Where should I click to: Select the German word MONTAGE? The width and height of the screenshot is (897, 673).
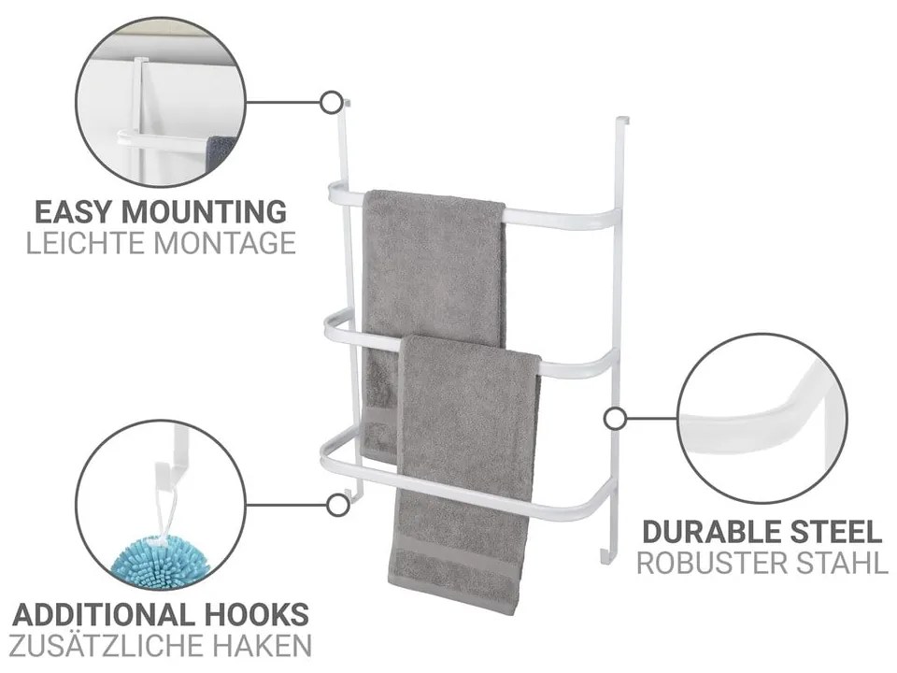tap(225, 243)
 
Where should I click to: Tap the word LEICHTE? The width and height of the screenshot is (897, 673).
tap(86, 243)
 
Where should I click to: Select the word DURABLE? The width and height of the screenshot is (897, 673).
tap(712, 532)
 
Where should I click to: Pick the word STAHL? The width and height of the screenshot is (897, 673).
tap(843, 564)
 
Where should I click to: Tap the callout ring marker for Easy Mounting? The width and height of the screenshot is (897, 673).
tap(331, 103)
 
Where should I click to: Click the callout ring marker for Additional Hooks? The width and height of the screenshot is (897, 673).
tap(338, 506)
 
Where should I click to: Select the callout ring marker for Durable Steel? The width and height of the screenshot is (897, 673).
tap(615, 419)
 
